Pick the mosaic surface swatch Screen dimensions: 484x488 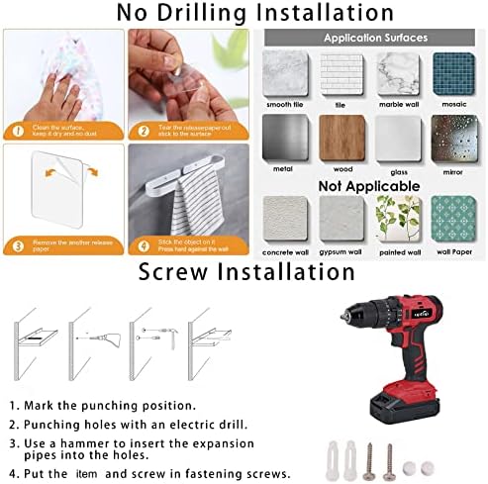(454, 74)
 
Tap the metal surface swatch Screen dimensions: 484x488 (281, 137)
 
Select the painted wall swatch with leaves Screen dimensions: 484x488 (396, 218)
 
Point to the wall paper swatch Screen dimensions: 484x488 (454, 218)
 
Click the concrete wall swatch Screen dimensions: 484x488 (281, 218)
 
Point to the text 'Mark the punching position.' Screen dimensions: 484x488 (119, 406)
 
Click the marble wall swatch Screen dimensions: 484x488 (396, 74)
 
